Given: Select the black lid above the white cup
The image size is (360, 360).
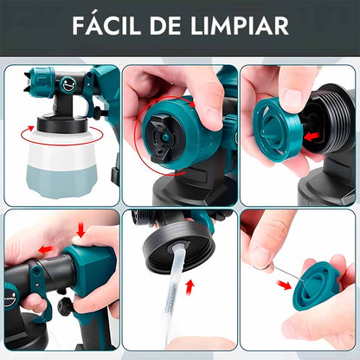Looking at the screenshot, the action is (x=62, y=125).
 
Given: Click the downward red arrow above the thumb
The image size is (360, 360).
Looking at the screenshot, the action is (x=80, y=230).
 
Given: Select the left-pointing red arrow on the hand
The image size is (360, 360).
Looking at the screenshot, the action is (x=46, y=249).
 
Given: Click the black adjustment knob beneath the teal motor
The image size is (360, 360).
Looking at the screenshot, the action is (x=64, y=306).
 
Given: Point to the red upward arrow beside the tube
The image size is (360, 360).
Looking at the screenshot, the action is (x=190, y=287).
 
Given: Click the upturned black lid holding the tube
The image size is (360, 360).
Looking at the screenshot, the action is (x=179, y=248).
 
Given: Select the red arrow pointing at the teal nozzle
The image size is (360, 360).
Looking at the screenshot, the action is (x=284, y=285).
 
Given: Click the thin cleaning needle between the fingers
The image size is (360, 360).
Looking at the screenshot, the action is (x=285, y=272).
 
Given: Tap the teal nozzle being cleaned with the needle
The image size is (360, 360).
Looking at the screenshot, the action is (x=314, y=287).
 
